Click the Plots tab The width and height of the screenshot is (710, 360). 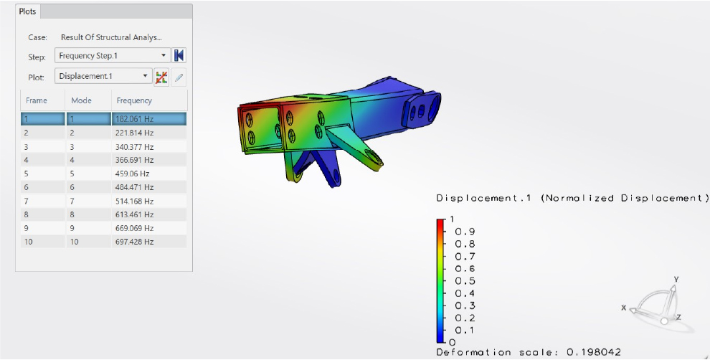pyautogui.click(x=28, y=11)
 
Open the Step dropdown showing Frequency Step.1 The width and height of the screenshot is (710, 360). pyautogui.click(x=113, y=56)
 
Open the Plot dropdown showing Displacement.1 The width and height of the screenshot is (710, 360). pyautogui.click(x=103, y=76)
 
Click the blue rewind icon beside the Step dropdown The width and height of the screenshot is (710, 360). pyautogui.click(x=179, y=56)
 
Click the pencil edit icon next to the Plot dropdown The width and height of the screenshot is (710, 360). pyautogui.click(x=179, y=77)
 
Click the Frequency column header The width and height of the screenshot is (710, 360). pyautogui.click(x=134, y=100)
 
